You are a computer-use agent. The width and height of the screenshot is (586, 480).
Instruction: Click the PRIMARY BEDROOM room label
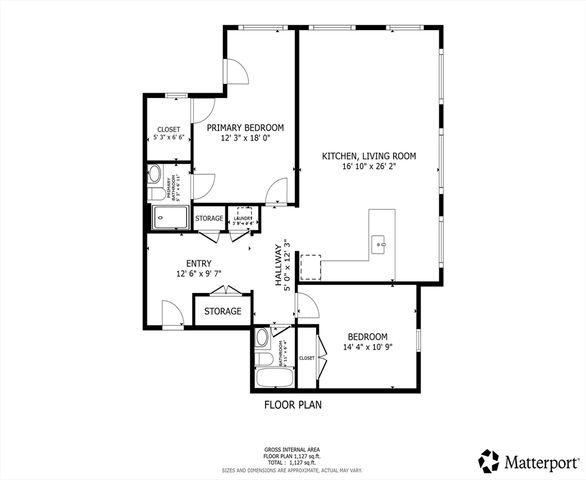[245, 128]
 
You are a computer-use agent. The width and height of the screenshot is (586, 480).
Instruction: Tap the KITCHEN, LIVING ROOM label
[368, 156]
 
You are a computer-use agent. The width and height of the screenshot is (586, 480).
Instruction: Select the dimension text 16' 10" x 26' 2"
[368, 168]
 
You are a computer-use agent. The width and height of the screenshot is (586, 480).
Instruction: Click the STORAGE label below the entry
[222, 311]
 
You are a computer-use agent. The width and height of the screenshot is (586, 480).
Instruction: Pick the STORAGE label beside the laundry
[209, 218]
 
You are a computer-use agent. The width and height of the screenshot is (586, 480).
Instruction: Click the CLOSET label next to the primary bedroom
[168, 130]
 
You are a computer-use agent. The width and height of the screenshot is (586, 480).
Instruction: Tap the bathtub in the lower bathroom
[270, 377]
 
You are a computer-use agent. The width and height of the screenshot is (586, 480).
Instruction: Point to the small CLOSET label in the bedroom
[306, 357]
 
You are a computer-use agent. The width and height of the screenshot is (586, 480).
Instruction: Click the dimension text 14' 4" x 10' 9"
[367, 348]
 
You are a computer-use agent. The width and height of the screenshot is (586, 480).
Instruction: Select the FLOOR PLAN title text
[292, 405]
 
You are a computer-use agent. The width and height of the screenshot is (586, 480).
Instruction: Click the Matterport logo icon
[488, 460]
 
